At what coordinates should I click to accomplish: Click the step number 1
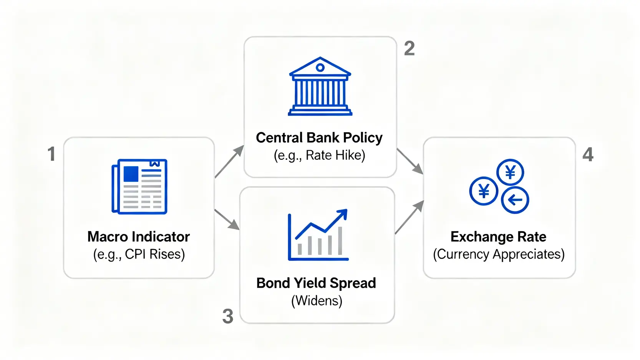click(51, 154)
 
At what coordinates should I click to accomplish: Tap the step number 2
click(409, 48)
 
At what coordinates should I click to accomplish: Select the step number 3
click(228, 316)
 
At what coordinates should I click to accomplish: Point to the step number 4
click(588, 154)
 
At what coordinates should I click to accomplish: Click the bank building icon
click(320, 86)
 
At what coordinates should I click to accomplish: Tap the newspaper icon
click(139, 187)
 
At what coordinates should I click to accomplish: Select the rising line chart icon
click(318, 235)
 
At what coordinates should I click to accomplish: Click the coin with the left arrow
click(515, 200)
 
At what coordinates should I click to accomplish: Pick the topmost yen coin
click(510, 173)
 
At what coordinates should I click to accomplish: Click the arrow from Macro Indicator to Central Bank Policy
click(229, 161)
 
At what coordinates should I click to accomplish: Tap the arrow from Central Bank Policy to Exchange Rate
click(410, 161)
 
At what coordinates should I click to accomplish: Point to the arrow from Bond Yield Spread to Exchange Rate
click(410, 217)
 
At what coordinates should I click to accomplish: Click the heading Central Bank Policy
click(319, 138)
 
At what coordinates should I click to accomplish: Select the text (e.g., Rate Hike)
click(320, 156)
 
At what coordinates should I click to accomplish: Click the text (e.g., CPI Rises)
click(139, 254)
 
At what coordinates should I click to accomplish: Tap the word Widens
click(317, 300)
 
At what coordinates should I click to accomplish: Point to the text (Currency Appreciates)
click(499, 254)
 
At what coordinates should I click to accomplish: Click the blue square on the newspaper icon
click(131, 174)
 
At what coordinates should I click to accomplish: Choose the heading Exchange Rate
click(499, 237)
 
